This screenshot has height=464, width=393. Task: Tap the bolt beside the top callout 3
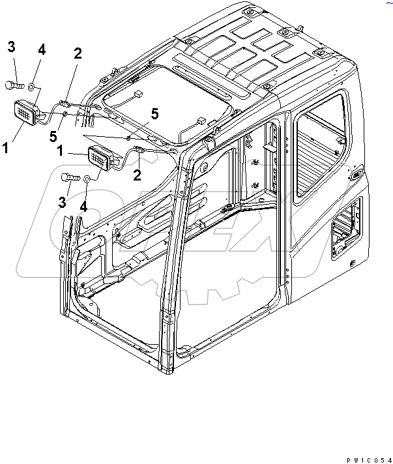(15, 84)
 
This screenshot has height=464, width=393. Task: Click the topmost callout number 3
(12, 47)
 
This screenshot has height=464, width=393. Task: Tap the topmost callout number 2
(78, 55)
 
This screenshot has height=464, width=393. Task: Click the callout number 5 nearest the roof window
(154, 113)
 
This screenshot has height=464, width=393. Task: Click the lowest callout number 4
(82, 207)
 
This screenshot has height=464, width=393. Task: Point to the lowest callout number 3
(63, 203)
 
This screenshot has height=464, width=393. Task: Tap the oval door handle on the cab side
(356, 174)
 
